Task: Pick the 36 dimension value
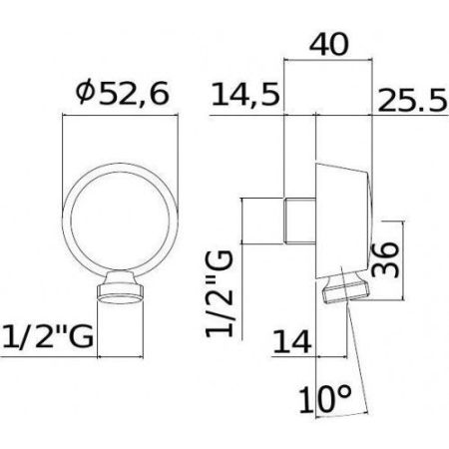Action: tap(377, 259)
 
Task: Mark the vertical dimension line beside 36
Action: tap(396, 258)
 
